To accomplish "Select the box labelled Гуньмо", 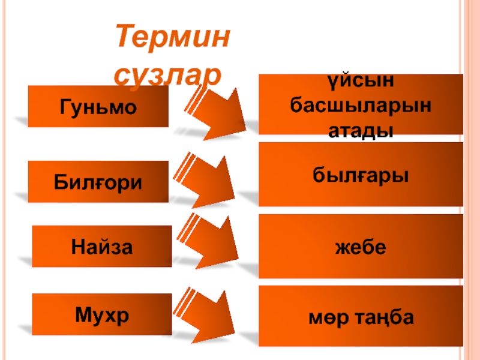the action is coord(98,106).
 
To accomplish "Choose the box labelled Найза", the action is coord(101,246).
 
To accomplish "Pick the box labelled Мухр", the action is coord(101,314).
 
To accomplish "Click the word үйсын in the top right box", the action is coord(361,80).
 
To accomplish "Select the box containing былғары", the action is coord(361,174).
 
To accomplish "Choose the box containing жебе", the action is coord(361,246).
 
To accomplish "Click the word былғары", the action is coord(361,175).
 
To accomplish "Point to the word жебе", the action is coord(361,247).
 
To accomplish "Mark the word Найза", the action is coord(101,246).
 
